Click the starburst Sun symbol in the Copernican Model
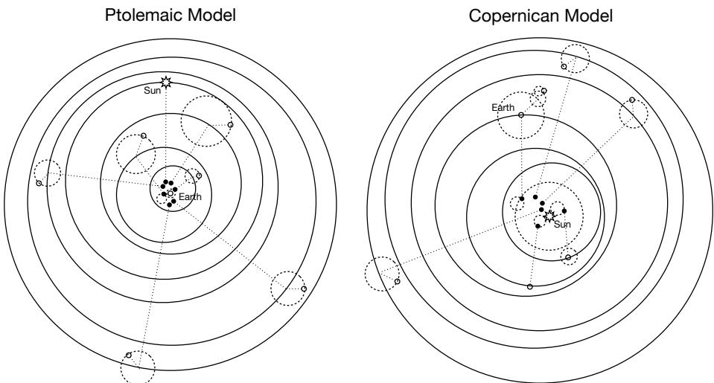[549, 216]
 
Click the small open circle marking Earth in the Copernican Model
[521, 115]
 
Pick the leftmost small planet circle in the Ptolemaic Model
[39, 183]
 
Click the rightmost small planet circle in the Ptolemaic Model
[304, 288]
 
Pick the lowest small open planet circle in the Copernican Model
[529, 286]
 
